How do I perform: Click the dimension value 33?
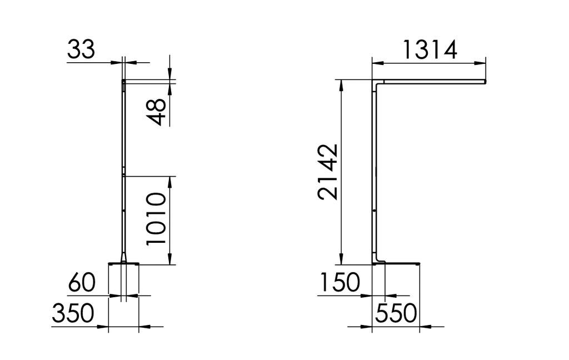(x=81, y=49)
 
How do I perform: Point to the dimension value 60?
(x=81, y=284)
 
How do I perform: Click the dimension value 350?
(x=73, y=314)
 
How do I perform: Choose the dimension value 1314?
(x=429, y=49)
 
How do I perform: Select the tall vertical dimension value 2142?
(x=328, y=172)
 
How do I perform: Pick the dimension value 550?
(x=396, y=314)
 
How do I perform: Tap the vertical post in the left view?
(x=123, y=167)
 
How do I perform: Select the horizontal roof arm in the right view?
(x=433, y=82)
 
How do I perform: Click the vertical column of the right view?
(x=375, y=172)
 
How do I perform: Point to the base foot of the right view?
(x=398, y=263)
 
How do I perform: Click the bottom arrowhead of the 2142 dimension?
(x=341, y=259)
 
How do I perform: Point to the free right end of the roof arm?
(x=485, y=82)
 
